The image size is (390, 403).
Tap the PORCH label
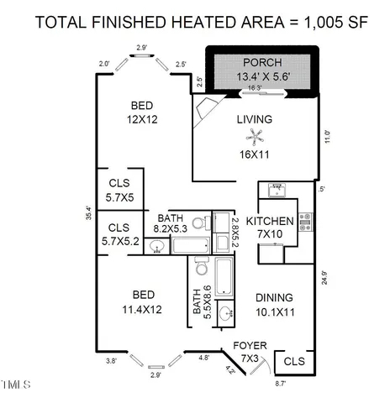[x=260, y=64]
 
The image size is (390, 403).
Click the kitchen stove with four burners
[x=304, y=222]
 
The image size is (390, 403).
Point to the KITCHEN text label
[x=275, y=222]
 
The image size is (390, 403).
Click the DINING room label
[x=274, y=297]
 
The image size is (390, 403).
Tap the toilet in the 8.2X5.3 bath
[x=200, y=222]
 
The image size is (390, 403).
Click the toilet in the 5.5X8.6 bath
[x=202, y=266]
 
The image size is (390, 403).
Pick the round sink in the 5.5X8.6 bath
[x=225, y=315]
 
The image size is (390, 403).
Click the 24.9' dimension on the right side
[x=324, y=277]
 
